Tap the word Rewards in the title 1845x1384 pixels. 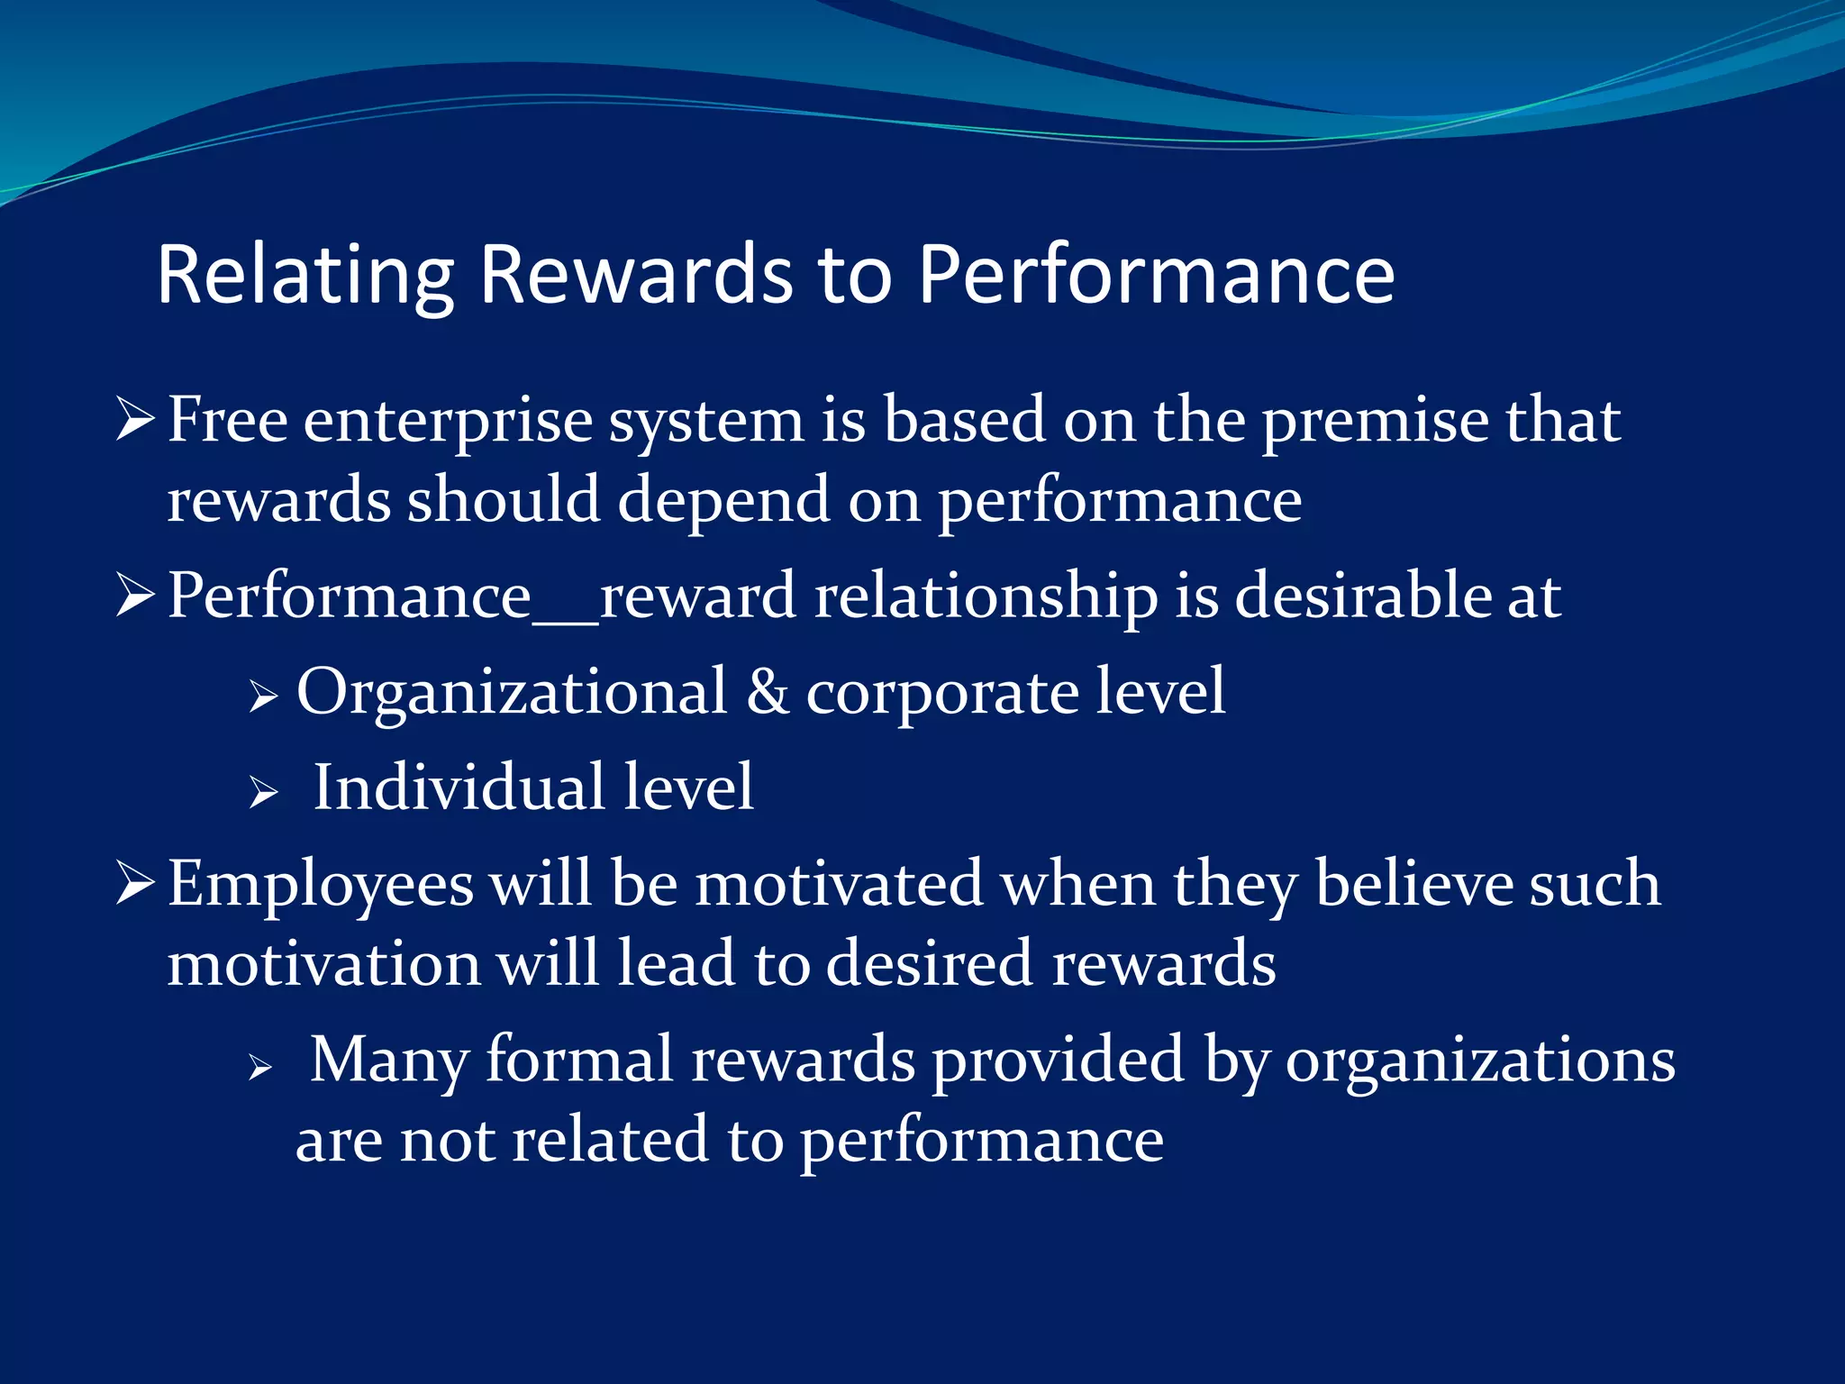[x=636, y=275]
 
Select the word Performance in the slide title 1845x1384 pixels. [x=1157, y=275]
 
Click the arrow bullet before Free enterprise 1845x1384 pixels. [x=135, y=420]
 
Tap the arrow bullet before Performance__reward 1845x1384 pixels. [x=135, y=596]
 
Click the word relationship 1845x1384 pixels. [x=986, y=597]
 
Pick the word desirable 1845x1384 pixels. [x=1361, y=596]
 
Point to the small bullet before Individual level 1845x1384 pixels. [x=262, y=793]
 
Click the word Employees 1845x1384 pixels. [x=321, y=885]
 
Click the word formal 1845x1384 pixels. [x=579, y=1060]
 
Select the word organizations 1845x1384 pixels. [x=1480, y=1061]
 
